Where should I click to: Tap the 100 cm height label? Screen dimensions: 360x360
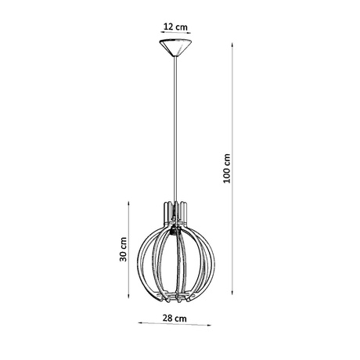click(227, 167)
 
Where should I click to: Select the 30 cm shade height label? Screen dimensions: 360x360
click(124, 251)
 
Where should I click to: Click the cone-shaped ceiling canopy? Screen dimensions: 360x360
click(173, 51)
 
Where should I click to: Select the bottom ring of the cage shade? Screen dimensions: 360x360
click(173, 297)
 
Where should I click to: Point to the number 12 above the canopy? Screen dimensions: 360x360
click(167, 27)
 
